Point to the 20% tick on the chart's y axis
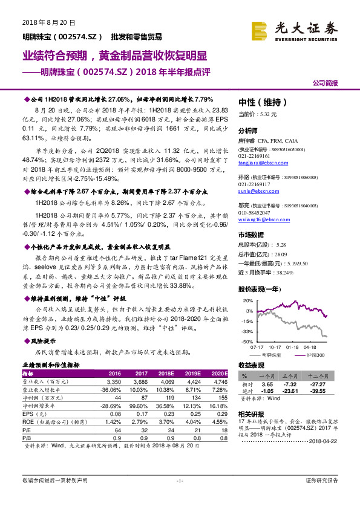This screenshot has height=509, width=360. coord(247,300)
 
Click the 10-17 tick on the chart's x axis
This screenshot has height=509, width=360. coord(275,347)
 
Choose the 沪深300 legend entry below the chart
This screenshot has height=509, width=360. coord(317,354)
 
